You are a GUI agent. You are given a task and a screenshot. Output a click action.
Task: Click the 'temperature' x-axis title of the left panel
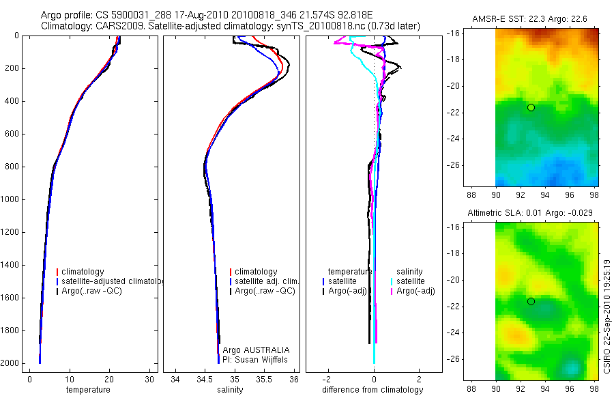tap(87, 390)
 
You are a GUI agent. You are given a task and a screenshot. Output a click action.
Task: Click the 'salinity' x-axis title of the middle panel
tap(230, 390)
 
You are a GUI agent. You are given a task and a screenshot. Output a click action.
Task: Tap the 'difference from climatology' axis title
tap(372, 390)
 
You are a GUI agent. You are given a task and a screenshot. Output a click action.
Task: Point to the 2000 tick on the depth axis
tap(11, 363)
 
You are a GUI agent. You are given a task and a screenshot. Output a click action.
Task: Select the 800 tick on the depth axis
tap(13, 167)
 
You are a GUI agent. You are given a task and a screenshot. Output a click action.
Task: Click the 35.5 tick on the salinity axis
tap(265, 379)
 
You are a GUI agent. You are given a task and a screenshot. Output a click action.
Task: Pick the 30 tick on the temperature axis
tap(149, 379)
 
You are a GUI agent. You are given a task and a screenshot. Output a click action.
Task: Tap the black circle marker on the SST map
tap(531, 107)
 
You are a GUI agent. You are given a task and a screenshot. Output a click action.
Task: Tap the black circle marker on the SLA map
tap(531, 301)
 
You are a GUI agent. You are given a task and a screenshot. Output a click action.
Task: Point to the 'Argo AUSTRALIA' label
tap(256, 350)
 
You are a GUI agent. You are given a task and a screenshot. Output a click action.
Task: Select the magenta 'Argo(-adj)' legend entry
tap(415, 291)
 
